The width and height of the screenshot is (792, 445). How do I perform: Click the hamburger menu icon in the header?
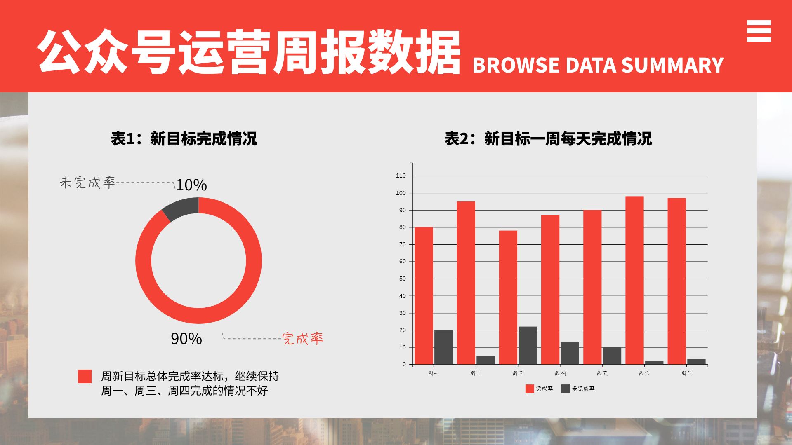click(x=759, y=31)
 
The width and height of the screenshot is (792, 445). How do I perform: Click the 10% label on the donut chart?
click(x=191, y=185)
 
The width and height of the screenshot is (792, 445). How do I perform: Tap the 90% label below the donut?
click(x=186, y=339)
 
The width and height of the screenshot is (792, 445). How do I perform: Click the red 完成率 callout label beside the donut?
click(x=303, y=339)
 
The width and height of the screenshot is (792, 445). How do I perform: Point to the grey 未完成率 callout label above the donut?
click(x=88, y=183)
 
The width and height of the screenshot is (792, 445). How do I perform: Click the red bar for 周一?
click(x=424, y=295)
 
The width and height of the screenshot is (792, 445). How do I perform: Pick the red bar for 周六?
click(x=634, y=280)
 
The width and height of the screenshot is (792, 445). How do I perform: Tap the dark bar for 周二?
click(x=486, y=360)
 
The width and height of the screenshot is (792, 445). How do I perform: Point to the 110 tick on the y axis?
click(x=401, y=176)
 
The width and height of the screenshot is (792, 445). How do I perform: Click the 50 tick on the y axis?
click(x=402, y=279)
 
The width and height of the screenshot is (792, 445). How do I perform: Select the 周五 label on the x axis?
click(x=602, y=373)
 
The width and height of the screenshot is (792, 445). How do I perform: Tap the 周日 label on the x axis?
click(x=686, y=373)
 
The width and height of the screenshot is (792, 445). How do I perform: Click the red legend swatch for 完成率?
click(x=530, y=389)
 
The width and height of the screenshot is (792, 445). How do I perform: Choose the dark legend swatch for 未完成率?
click(x=566, y=389)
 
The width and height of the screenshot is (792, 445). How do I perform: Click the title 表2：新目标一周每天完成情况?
click(x=548, y=139)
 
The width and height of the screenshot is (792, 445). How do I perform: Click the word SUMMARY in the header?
click(x=672, y=66)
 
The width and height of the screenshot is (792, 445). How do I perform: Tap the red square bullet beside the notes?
click(x=85, y=377)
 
